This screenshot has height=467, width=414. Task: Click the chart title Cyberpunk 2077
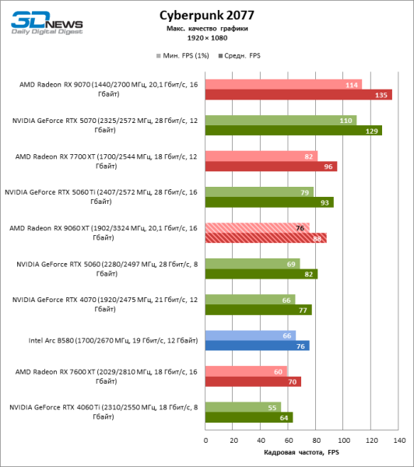pos(206,15)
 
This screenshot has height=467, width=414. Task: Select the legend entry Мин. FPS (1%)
pos(181,57)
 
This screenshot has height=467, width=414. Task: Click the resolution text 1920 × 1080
pos(206,37)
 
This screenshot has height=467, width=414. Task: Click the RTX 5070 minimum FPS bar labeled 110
pos(281,121)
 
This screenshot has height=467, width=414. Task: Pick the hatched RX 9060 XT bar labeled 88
pos(265,238)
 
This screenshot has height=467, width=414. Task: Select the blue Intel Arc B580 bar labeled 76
pos(257,346)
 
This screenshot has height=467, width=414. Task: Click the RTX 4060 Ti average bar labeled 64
pos(248,417)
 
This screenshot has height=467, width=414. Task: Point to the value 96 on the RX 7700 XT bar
pos(329,167)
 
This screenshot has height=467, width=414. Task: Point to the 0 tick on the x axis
pos(205,440)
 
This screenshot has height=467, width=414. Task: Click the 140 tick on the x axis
pos(398,440)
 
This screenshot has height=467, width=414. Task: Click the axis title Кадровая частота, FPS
pos(301,452)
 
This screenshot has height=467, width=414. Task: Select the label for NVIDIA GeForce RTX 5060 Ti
pos(101,197)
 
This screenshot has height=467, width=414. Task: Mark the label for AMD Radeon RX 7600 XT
pos(103,376)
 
